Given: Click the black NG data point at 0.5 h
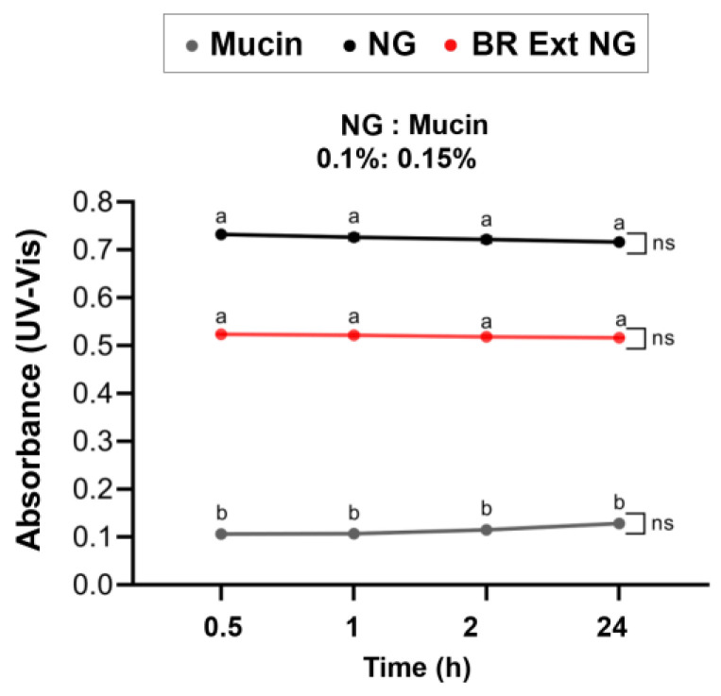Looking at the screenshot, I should (x=221, y=234).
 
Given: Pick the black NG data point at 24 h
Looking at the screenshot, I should (x=619, y=243).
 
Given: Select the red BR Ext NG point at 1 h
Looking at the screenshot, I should (x=353, y=335).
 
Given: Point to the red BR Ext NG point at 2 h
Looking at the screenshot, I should (x=487, y=337).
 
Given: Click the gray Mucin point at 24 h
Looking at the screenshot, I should (x=619, y=523).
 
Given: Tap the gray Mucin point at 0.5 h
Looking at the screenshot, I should (x=221, y=535).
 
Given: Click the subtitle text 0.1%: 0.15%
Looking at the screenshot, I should (x=395, y=160).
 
